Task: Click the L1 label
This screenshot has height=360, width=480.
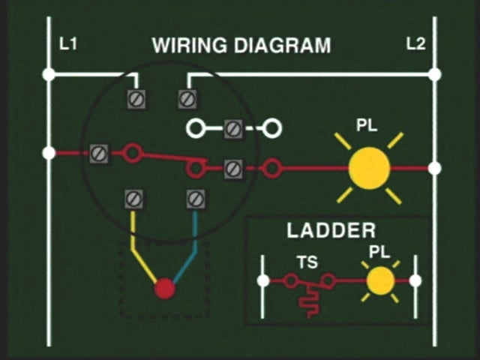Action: tap(68, 44)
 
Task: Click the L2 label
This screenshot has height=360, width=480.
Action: tap(415, 44)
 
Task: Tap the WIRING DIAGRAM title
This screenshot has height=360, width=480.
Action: tap(241, 45)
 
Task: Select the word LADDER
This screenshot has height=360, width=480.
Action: tap(331, 230)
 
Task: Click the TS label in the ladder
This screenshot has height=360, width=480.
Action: tap(307, 263)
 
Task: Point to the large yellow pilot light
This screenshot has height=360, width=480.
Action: tap(369, 168)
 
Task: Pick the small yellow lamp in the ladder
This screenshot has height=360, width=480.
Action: tap(380, 280)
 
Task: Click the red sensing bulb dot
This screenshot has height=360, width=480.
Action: tap(164, 289)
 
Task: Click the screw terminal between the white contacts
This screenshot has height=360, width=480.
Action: tap(232, 129)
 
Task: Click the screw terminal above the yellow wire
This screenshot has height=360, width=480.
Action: tap(133, 199)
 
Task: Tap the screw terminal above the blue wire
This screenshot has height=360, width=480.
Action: tap(195, 199)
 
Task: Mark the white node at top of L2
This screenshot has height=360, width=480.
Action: tap(434, 74)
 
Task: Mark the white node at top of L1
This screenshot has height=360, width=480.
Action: tap(49, 74)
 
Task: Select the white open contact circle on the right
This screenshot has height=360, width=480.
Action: tap(272, 129)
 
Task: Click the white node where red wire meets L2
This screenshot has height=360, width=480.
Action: tap(434, 168)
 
